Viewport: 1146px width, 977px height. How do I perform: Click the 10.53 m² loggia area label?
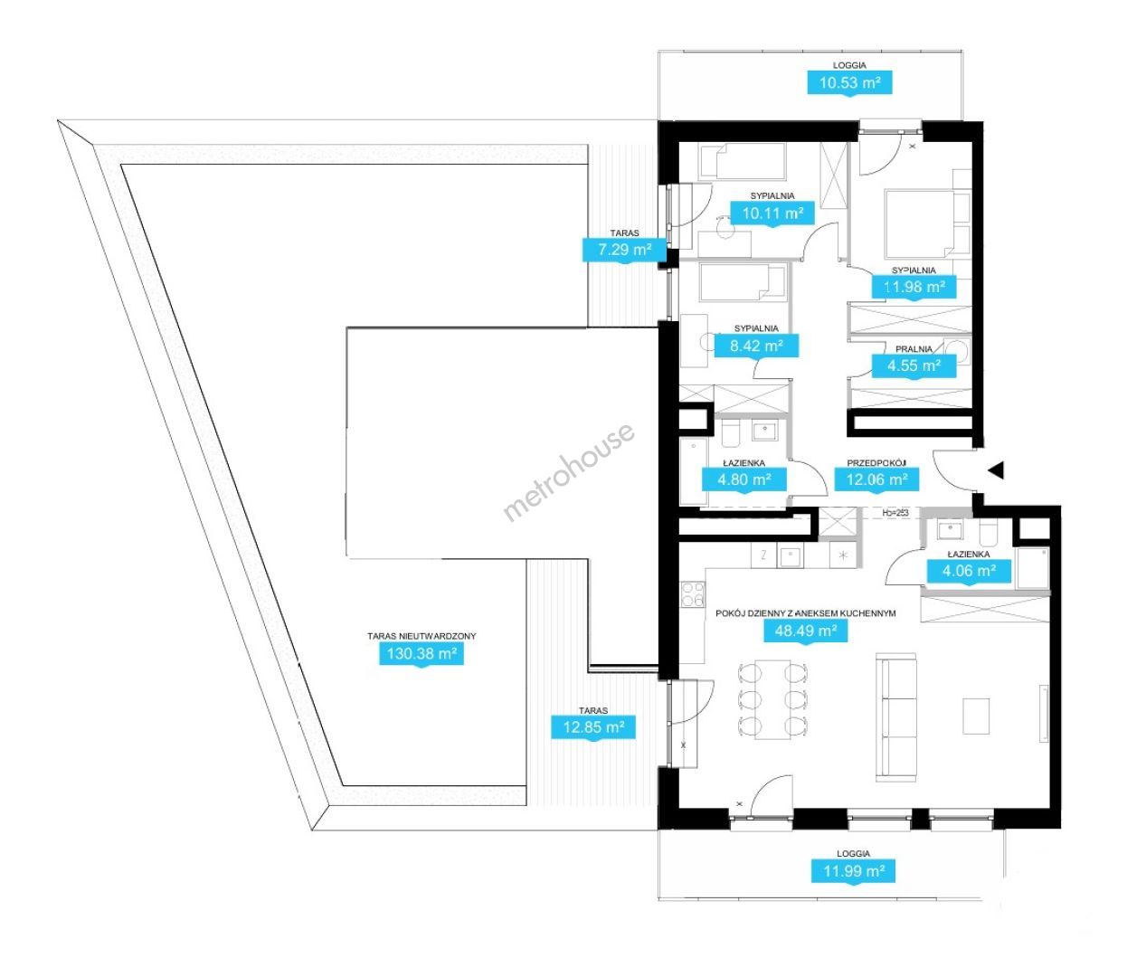point(849,83)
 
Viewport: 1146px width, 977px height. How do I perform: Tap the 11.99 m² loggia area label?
point(853,871)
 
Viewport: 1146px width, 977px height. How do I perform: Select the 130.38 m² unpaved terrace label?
point(421,654)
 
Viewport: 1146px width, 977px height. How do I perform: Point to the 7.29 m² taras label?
point(624,249)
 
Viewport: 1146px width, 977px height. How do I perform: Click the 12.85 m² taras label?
point(593,726)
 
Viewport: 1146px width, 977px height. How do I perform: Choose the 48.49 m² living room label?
point(805,631)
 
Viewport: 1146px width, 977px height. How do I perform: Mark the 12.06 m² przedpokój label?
point(876,479)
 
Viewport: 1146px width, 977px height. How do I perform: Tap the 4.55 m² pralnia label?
point(914,365)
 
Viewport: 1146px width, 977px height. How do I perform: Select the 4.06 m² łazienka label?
point(969,571)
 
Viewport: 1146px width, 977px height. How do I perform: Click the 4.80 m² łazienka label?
point(744,479)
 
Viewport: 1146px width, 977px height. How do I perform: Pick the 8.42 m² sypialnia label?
point(756,346)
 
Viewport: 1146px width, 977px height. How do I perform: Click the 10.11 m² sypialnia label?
point(772,213)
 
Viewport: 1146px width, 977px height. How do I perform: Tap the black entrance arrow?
point(996,470)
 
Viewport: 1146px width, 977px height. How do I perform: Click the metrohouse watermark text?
point(568,473)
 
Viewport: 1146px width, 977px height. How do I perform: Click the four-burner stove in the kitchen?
point(693,595)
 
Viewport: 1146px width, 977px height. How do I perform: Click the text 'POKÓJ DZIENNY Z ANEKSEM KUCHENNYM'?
point(805,613)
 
